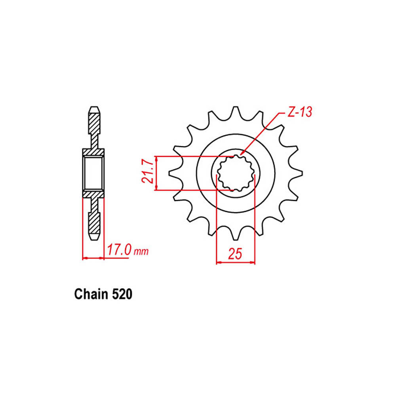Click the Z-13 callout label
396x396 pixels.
coord(300,112)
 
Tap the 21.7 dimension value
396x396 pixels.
coord(148,173)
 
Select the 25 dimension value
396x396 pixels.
coord(235,254)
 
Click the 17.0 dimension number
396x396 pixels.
coord(119,250)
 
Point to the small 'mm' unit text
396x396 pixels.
coord(141,251)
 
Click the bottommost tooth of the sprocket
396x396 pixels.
coord(236,234)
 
